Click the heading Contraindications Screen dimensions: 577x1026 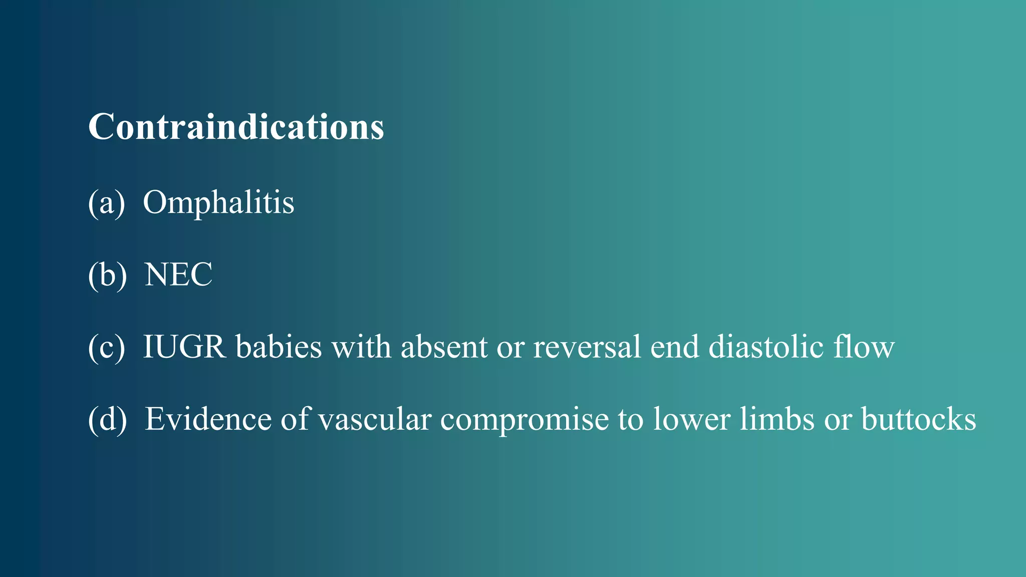point(236,127)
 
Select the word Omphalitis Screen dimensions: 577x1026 point(218,202)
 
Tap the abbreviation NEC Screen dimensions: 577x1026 point(178,274)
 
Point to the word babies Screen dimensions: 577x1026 point(279,347)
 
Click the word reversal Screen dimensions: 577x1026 point(587,347)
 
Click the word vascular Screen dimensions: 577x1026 point(375,419)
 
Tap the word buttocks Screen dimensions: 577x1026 point(918,419)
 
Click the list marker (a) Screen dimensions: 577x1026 point(106,203)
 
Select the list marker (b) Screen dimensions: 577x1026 point(107,275)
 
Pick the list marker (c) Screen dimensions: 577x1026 point(106,348)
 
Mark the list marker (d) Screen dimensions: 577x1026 point(107,420)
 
